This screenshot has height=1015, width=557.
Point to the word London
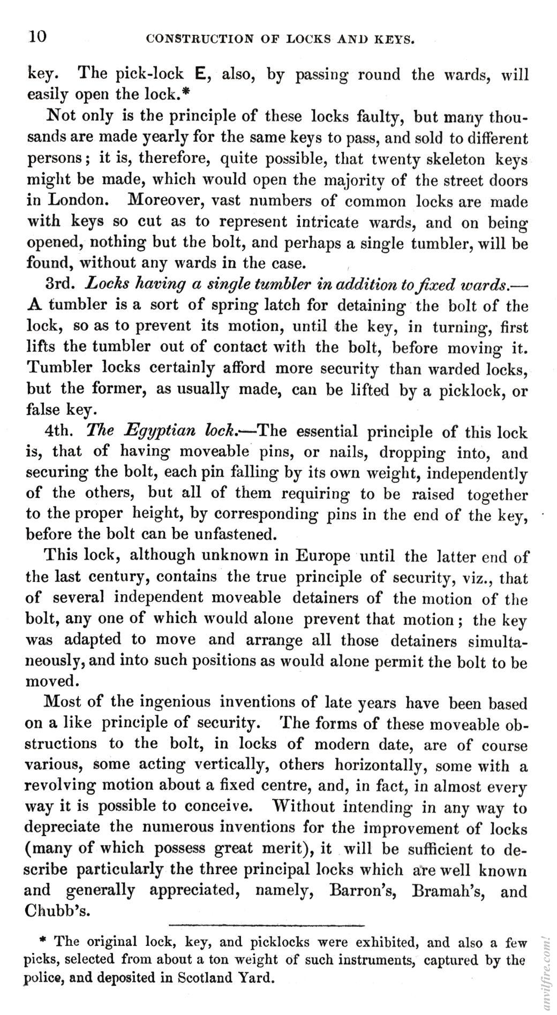point(78,200)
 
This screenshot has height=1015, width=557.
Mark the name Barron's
point(363,891)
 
